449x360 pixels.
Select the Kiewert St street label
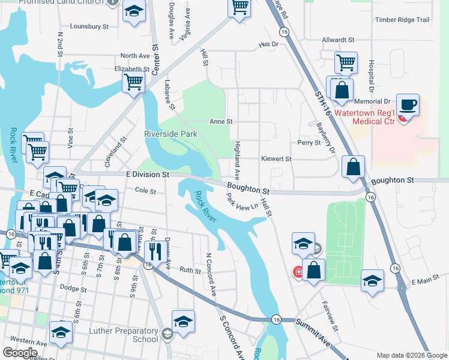(x=276, y=159)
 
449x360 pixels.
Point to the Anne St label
(x=220, y=121)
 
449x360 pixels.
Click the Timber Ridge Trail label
(x=402, y=20)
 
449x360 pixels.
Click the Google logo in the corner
(x=20, y=352)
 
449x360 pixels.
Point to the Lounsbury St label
(x=89, y=27)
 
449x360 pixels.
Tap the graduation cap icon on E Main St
(x=372, y=280)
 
